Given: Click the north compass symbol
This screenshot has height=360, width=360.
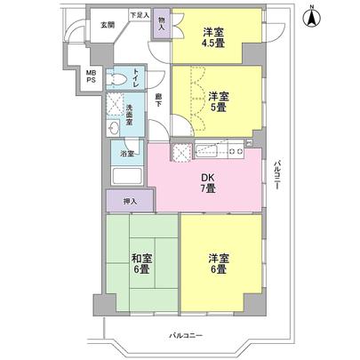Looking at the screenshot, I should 312,17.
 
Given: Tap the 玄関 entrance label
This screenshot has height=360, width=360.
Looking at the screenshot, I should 107,25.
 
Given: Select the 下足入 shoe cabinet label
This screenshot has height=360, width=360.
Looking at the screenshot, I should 138,16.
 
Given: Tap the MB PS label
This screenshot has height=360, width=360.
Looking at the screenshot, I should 91,77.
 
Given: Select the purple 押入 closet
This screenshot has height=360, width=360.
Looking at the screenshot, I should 130,203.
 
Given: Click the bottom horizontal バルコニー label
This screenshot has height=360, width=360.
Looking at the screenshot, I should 188,336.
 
